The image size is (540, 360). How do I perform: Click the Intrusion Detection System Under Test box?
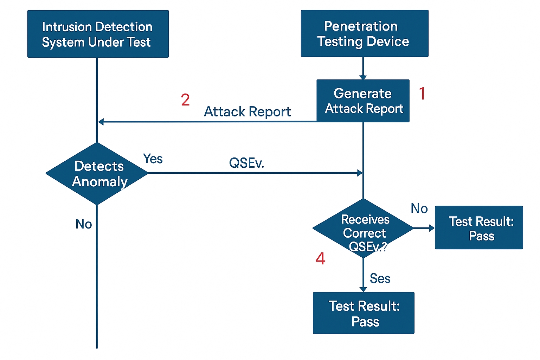click(98, 34)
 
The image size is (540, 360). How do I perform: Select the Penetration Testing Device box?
click(364, 33)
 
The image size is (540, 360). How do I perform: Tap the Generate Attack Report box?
click(363, 101)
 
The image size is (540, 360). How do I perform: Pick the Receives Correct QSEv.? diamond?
click(363, 229)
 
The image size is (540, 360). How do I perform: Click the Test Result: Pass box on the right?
click(479, 228)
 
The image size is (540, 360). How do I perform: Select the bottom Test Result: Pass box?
click(364, 313)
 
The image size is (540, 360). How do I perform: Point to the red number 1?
click(422, 94)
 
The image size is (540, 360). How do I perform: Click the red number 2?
click(185, 100)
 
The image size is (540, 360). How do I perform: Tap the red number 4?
click(320, 259)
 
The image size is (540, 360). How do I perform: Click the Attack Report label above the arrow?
click(247, 112)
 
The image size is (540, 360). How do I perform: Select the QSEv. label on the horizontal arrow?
click(246, 163)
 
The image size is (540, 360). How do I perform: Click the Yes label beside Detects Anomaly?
click(153, 159)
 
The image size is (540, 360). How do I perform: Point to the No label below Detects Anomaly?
click(84, 224)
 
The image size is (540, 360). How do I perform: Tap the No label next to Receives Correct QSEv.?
click(419, 209)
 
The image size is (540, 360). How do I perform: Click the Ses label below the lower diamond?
click(380, 278)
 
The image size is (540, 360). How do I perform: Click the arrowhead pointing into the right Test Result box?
click(432, 228)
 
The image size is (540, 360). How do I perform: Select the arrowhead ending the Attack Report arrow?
click(101, 122)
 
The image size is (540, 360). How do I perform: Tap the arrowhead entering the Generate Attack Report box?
click(363, 77)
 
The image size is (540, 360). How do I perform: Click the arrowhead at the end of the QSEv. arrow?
click(360, 173)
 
